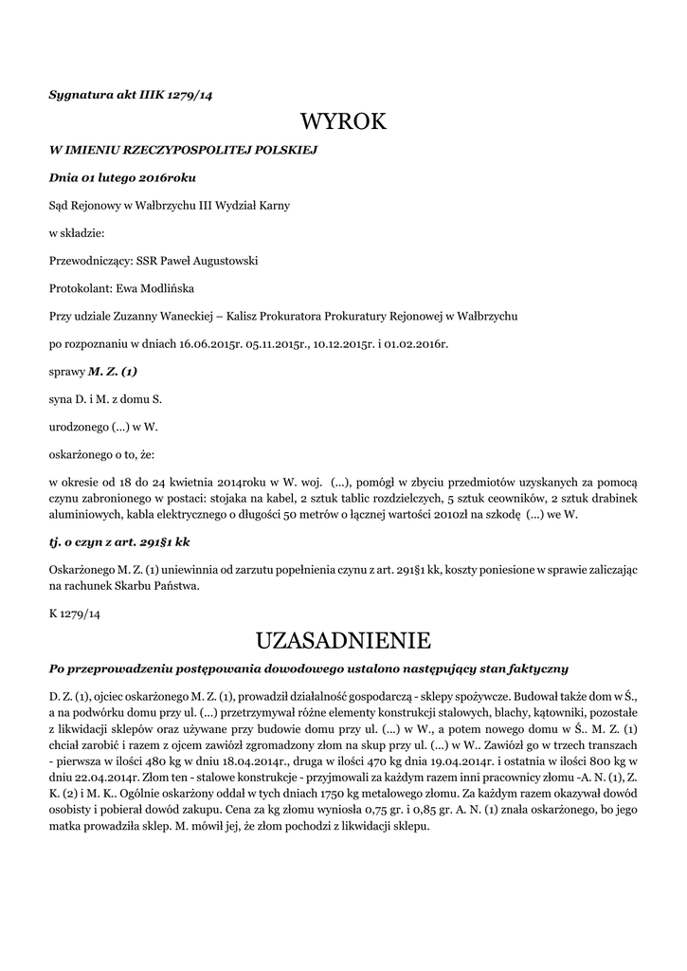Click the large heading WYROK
point(343,121)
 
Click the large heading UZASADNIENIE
point(343,637)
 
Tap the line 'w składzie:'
point(77,232)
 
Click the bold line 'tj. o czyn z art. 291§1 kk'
point(119,540)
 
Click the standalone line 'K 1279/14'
point(75,614)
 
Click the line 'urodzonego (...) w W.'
point(103,427)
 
